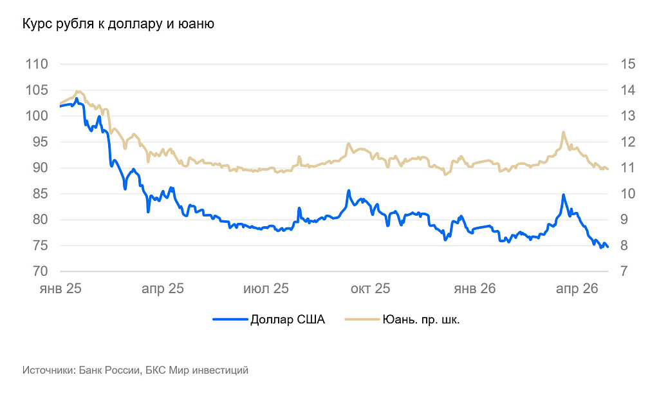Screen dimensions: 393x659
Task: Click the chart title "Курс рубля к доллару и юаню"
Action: [118, 24]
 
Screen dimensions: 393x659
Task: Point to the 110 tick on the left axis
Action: [37, 64]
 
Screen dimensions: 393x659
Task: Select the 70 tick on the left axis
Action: [40, 272]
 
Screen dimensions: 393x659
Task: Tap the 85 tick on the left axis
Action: [40, 194]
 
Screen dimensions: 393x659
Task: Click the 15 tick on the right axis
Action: [627, 64]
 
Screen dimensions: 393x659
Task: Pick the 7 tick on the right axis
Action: [624, 272]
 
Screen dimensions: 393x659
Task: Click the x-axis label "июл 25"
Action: [265, 289]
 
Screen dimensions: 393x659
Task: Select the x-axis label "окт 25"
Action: [370, 289]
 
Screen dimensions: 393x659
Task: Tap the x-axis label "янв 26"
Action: [475, 289]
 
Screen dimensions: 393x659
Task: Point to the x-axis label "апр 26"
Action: [577, 289]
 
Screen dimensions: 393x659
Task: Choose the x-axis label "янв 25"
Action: [60, 289]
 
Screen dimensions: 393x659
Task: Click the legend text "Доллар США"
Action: [288, 320]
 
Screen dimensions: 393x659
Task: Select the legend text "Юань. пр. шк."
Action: [421, 320]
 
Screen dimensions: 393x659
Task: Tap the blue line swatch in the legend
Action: [230, 320]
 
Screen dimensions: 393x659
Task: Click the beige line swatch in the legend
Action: [362, 320]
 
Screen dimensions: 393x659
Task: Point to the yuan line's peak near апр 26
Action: [563, 132]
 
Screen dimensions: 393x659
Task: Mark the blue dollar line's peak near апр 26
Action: [563, 195]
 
